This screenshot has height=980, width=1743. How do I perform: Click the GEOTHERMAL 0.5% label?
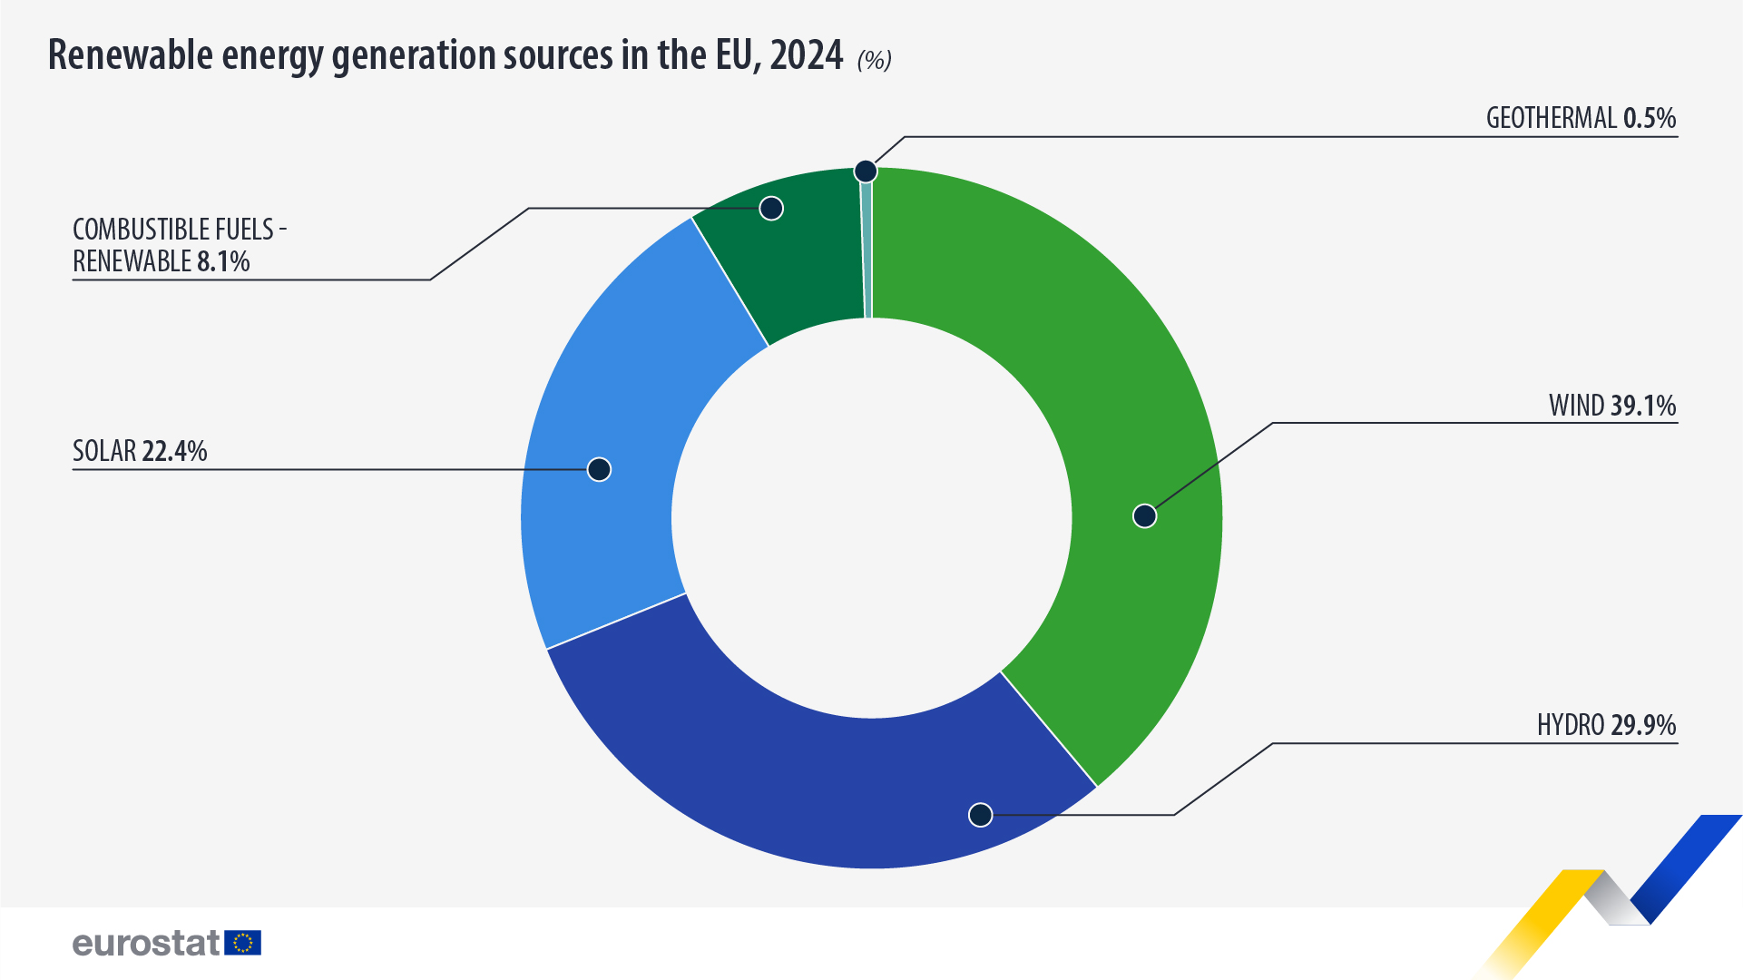tap(1581, 118)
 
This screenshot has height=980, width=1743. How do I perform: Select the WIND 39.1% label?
tap(1612, 406)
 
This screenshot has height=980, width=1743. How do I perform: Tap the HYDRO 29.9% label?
tap(1606, 725)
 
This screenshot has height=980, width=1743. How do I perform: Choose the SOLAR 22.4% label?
tap(140, 451)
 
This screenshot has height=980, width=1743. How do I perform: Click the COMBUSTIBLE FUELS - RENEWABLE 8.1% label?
tap(172, 245)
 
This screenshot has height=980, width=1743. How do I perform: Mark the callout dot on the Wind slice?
tap(1145, 516)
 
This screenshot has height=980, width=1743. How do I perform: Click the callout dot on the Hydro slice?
tap(980, 815)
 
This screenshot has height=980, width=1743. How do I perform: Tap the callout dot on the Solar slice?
tap(599, 469)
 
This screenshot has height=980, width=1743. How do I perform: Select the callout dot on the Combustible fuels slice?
tap(771, 209)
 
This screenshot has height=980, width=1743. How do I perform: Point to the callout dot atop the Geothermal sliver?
tap(866, 171)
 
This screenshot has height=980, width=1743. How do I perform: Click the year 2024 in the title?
tap(807, 55)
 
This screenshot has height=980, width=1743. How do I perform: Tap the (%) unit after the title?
tap(875, 60)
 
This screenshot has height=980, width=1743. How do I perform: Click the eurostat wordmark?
tap(146, 943)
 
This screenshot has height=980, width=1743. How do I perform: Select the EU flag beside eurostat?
tap(243, 943)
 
